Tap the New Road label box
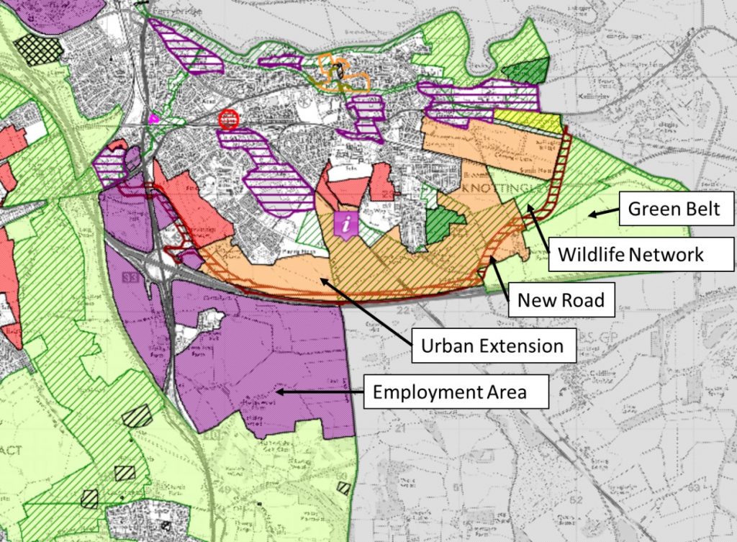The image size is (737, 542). click(x=561, y=299)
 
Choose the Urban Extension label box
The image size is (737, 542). click(x=493, y=346)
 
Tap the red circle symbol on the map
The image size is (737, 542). click(x=228, y=119)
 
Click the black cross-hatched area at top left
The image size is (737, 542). click(x=40, y=48)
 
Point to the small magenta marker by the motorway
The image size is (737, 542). click(x=153, y=118)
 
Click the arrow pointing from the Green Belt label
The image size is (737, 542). click(x=602, y=212)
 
